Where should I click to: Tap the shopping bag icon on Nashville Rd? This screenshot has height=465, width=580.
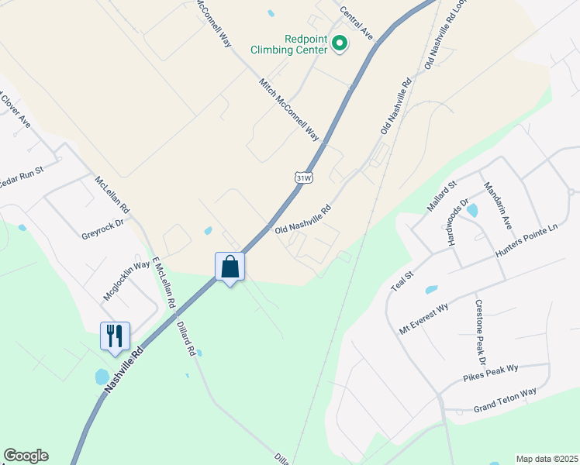click(230, 267)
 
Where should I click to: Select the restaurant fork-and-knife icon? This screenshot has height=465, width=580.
click(115, 336)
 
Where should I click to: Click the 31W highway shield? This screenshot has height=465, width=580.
click(304, 177)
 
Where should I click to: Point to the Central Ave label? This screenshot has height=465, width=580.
click(357, 22)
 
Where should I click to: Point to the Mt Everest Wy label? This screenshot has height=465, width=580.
click(424, 318)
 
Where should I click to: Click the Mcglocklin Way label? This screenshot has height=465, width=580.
click(126, 281)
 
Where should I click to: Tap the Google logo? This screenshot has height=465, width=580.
click(26, 456)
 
